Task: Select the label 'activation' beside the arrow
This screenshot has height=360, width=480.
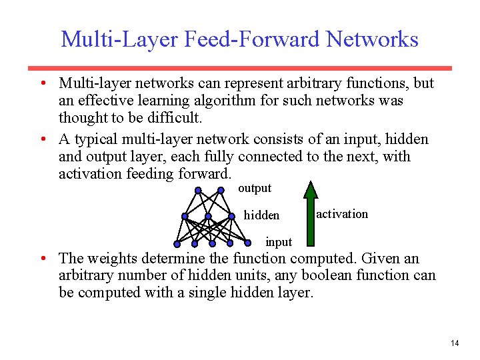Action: [341, 214]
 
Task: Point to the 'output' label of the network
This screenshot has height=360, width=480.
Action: [255, 188]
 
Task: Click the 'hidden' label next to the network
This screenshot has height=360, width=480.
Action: [262, 215]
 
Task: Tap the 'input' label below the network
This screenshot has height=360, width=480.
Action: [279, 241]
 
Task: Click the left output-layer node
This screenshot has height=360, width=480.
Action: [198, 190]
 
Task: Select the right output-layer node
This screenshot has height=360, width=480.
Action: [221, 190]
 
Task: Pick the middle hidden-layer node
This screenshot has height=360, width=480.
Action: [208, 216]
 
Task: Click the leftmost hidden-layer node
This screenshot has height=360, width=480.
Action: [185, 216]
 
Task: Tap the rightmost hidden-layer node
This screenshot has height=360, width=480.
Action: [232, 216]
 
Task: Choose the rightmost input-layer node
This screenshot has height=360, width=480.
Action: [247, 242]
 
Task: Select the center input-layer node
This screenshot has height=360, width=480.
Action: [212, 242]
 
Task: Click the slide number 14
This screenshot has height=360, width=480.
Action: [455, 343]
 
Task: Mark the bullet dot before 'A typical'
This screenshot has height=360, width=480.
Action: [41, 139]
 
